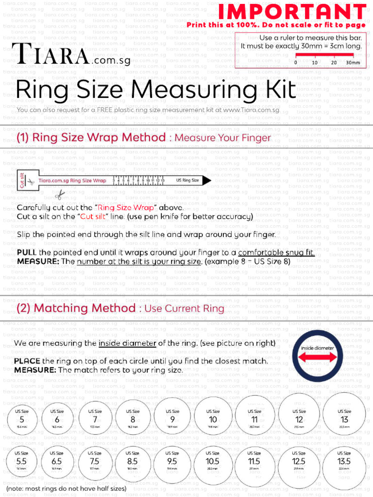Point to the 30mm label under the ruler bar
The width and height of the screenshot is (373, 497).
pyautogui.click(x=353, y=63)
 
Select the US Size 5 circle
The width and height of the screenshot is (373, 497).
pyautogui.click(x=21, y=418)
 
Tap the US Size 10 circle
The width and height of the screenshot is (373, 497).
pyautogui.click(x=213, y=417)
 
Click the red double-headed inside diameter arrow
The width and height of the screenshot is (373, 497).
pyautogui.click(x=318, y=357)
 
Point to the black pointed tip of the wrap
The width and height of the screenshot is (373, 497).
pyautogui.click(x=206, y=181)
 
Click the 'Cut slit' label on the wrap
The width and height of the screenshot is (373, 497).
pyautogui.click(x=22, y=181)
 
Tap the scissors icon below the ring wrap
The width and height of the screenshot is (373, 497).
pyautogui.click(x=60, y=195)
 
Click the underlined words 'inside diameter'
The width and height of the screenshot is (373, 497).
pyautogui.click(x=127, y=343)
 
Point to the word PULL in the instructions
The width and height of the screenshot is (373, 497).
pyautogui.click(x=27, y=252)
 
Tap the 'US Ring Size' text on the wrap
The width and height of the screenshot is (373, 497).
pyautogui.click(x=187, y=181)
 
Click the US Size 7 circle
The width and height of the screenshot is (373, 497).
pyautogui.click(x=95, y=417)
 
